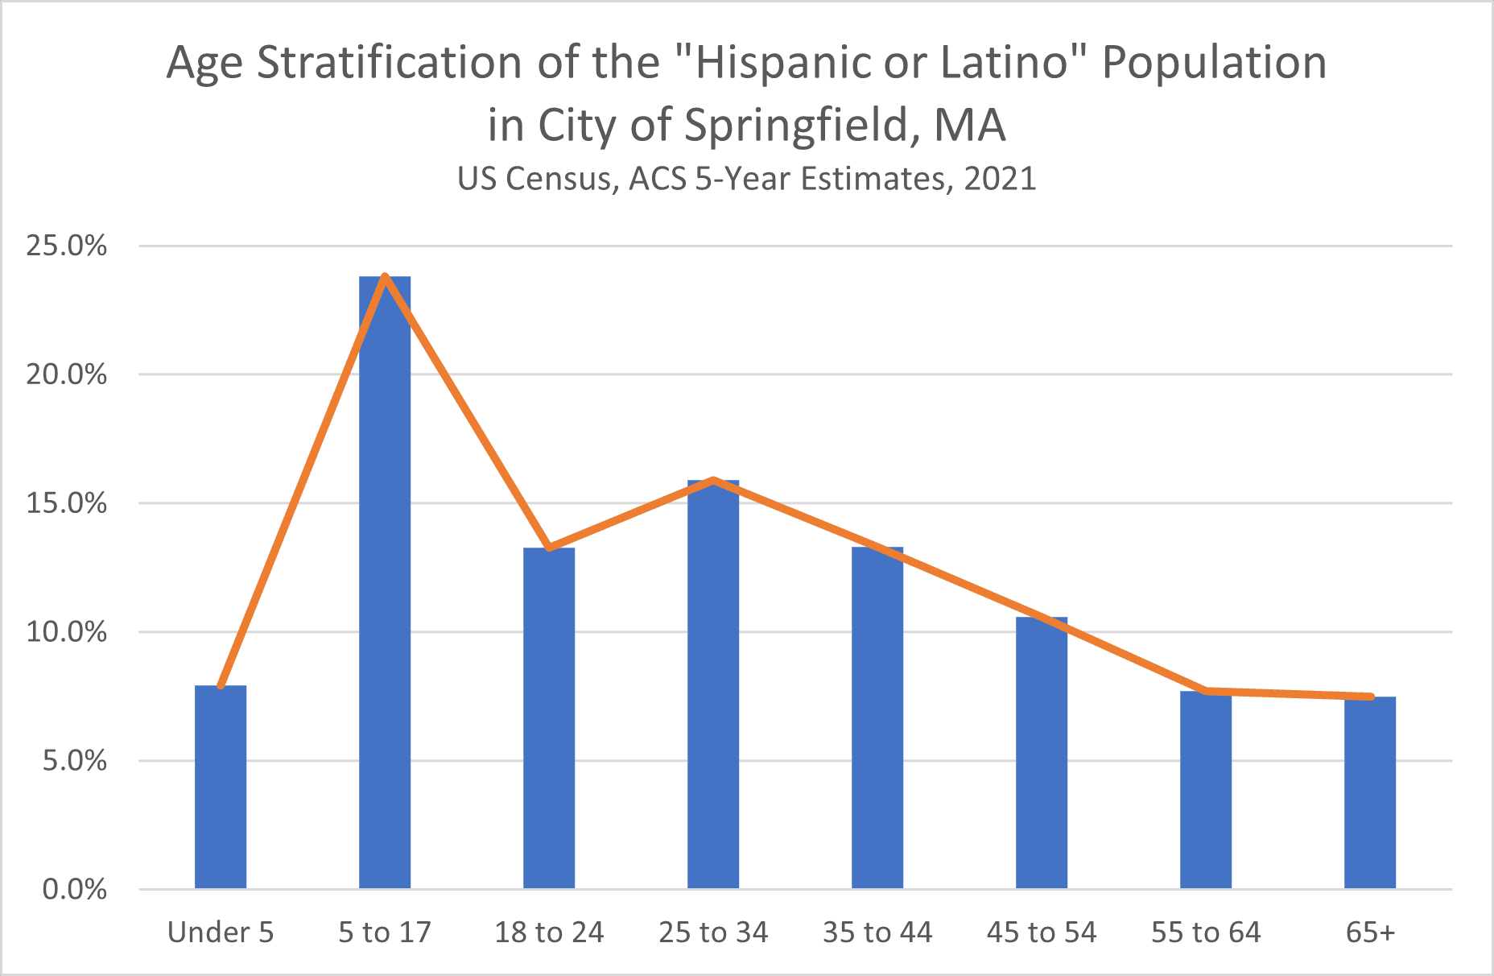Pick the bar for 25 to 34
(x=713, y=684)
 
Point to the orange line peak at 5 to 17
(x=385, y=277)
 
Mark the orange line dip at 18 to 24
(x=549, y=548)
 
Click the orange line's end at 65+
(x=1370, y=697)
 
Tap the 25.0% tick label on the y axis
(x=67, y=246)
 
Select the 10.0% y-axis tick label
(x=67, y=632)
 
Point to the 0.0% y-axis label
(x=75, y=890)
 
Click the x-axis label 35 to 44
(x=877, y=933)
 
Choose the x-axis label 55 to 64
(x=1206, y=933)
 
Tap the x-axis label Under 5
(x=221, y=933)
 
